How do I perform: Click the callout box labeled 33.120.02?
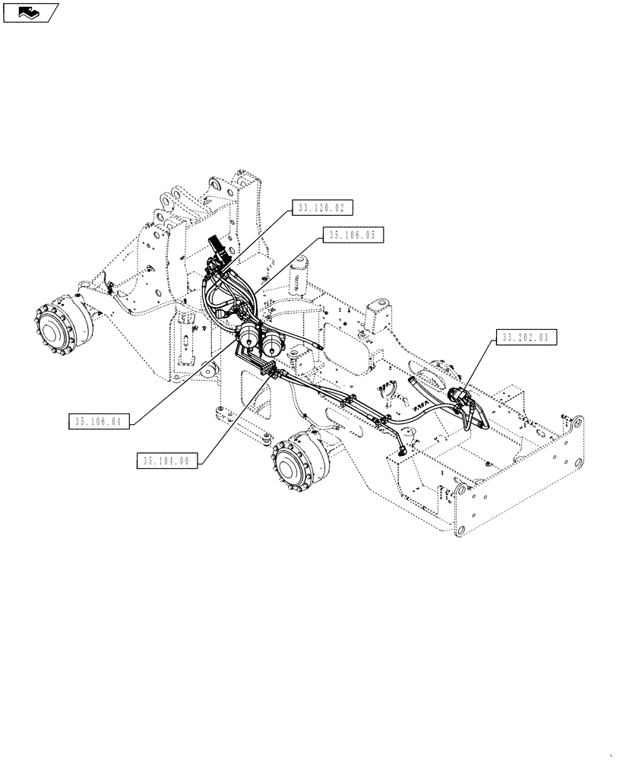[321, 207]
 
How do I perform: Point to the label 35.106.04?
[100, 420]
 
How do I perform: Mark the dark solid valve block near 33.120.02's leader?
[220, 255]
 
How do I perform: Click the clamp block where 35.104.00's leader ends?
[267, 372]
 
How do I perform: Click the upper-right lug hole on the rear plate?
[579, 423]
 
